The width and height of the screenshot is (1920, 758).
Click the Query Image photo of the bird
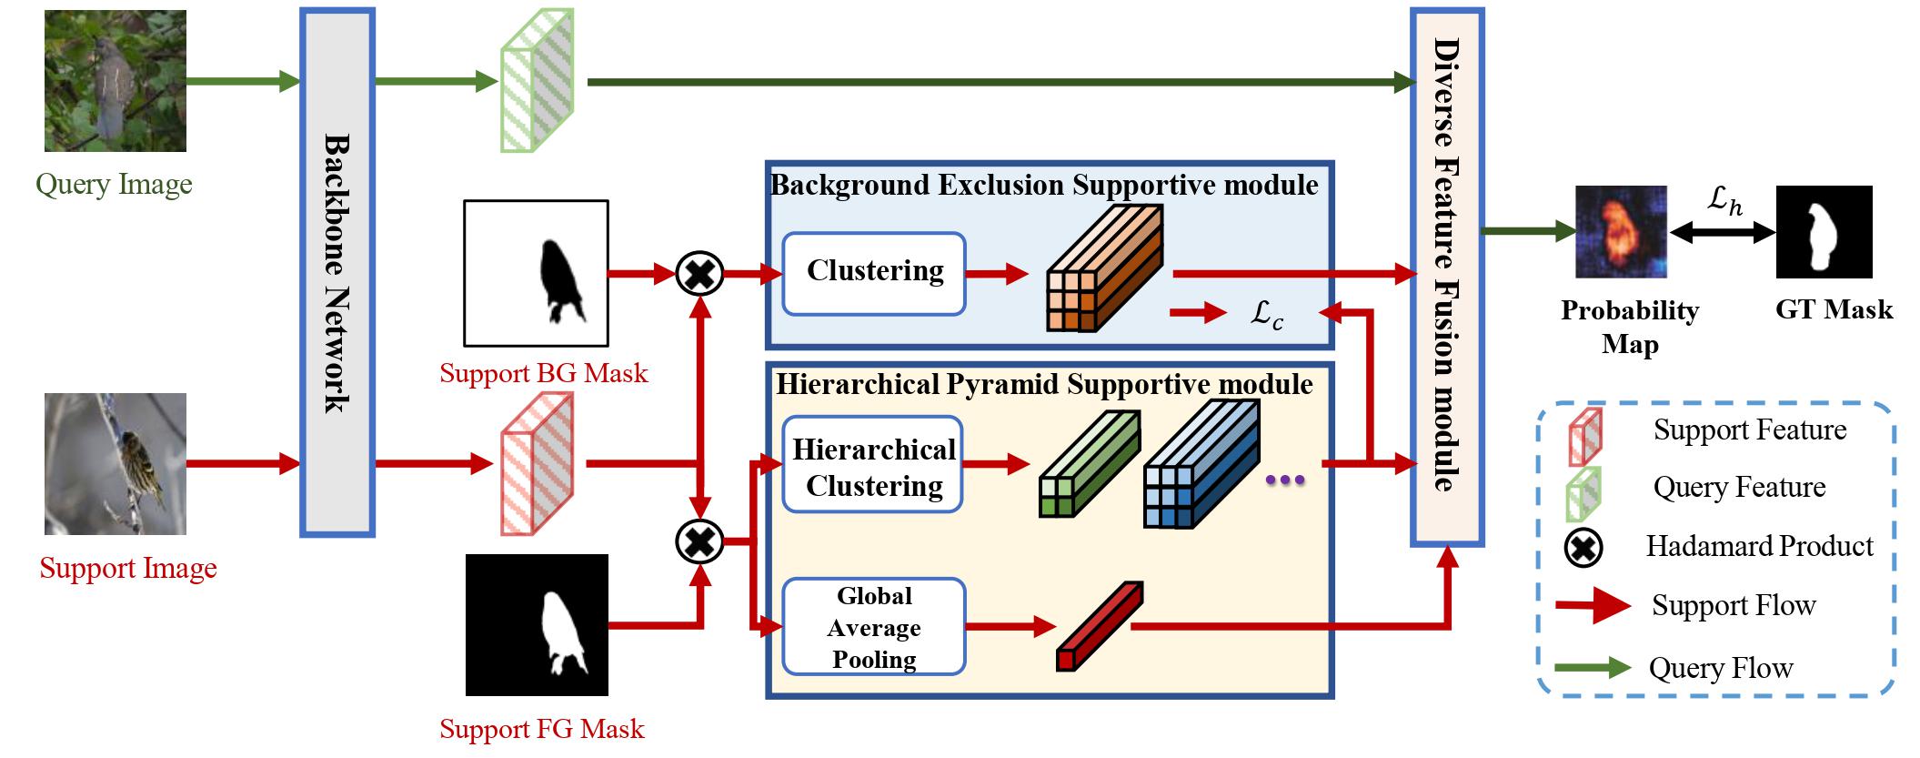[x=116, y=81]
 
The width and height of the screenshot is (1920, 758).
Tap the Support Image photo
[x=116, y=464]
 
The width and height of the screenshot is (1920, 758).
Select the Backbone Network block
[x=337, y=272]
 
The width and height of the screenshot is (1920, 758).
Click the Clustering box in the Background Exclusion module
[x=873, y=274]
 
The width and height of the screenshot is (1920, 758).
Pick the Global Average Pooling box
[x=873, y=627]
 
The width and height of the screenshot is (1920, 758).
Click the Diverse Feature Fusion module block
[x=1447, y=278]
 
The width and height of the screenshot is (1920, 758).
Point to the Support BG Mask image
[x=536, y=273]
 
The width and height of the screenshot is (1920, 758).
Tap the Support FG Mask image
[x=537, y=625]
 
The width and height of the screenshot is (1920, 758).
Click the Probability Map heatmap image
[x=1621, y=232]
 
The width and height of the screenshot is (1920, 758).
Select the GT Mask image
[x=1824, y=232]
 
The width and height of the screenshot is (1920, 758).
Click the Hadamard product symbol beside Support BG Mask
[x=699, y=273]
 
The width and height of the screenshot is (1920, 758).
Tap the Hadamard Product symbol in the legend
[x=1583, y=548]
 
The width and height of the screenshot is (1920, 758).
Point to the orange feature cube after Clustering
[x=1104, y=268]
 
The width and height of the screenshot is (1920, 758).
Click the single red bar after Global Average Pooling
[x=1099, y=627]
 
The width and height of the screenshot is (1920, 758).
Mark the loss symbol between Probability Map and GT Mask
[x=1724, y=200]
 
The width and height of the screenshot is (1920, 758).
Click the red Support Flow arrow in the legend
[x=1593, y=606]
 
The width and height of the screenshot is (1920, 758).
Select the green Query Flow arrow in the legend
[x=1593, y=669]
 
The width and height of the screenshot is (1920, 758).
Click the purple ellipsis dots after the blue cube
[x=1285, y=480]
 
